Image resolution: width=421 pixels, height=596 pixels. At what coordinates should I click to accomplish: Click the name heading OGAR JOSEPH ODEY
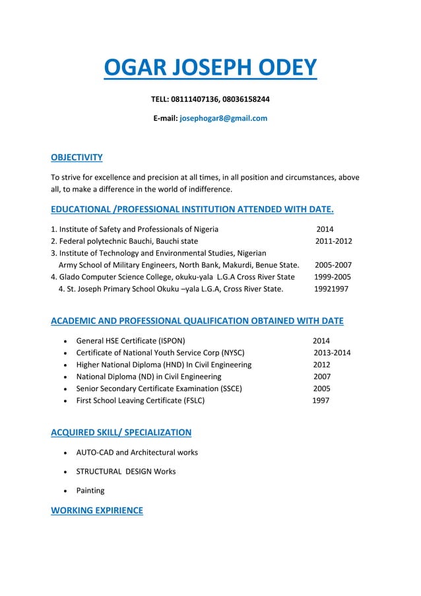[210, 68]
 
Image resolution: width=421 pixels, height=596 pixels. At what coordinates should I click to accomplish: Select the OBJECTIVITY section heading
[77, 157]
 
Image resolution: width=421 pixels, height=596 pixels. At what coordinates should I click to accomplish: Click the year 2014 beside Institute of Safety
[325, 229]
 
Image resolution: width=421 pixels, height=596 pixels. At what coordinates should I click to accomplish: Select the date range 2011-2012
[333, 241]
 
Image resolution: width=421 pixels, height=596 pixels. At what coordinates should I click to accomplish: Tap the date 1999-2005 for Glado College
[333, 277]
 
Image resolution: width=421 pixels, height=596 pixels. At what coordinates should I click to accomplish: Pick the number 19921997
[331, 289]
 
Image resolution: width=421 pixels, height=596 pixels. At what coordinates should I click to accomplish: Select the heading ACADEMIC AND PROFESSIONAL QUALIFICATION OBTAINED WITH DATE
[197, 321]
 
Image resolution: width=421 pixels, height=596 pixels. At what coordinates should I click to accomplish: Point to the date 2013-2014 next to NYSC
[332, 353]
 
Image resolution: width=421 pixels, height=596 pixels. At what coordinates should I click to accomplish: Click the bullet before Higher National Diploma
[63, 365]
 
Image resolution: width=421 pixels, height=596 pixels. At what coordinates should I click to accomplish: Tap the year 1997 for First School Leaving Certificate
[321, 400]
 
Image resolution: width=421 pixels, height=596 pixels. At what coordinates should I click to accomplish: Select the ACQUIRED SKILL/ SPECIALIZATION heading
[121, 433]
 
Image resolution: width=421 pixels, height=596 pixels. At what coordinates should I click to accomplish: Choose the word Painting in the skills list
[90, 491]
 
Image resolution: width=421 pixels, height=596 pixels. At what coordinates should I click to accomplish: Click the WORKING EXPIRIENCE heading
[96, 511]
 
